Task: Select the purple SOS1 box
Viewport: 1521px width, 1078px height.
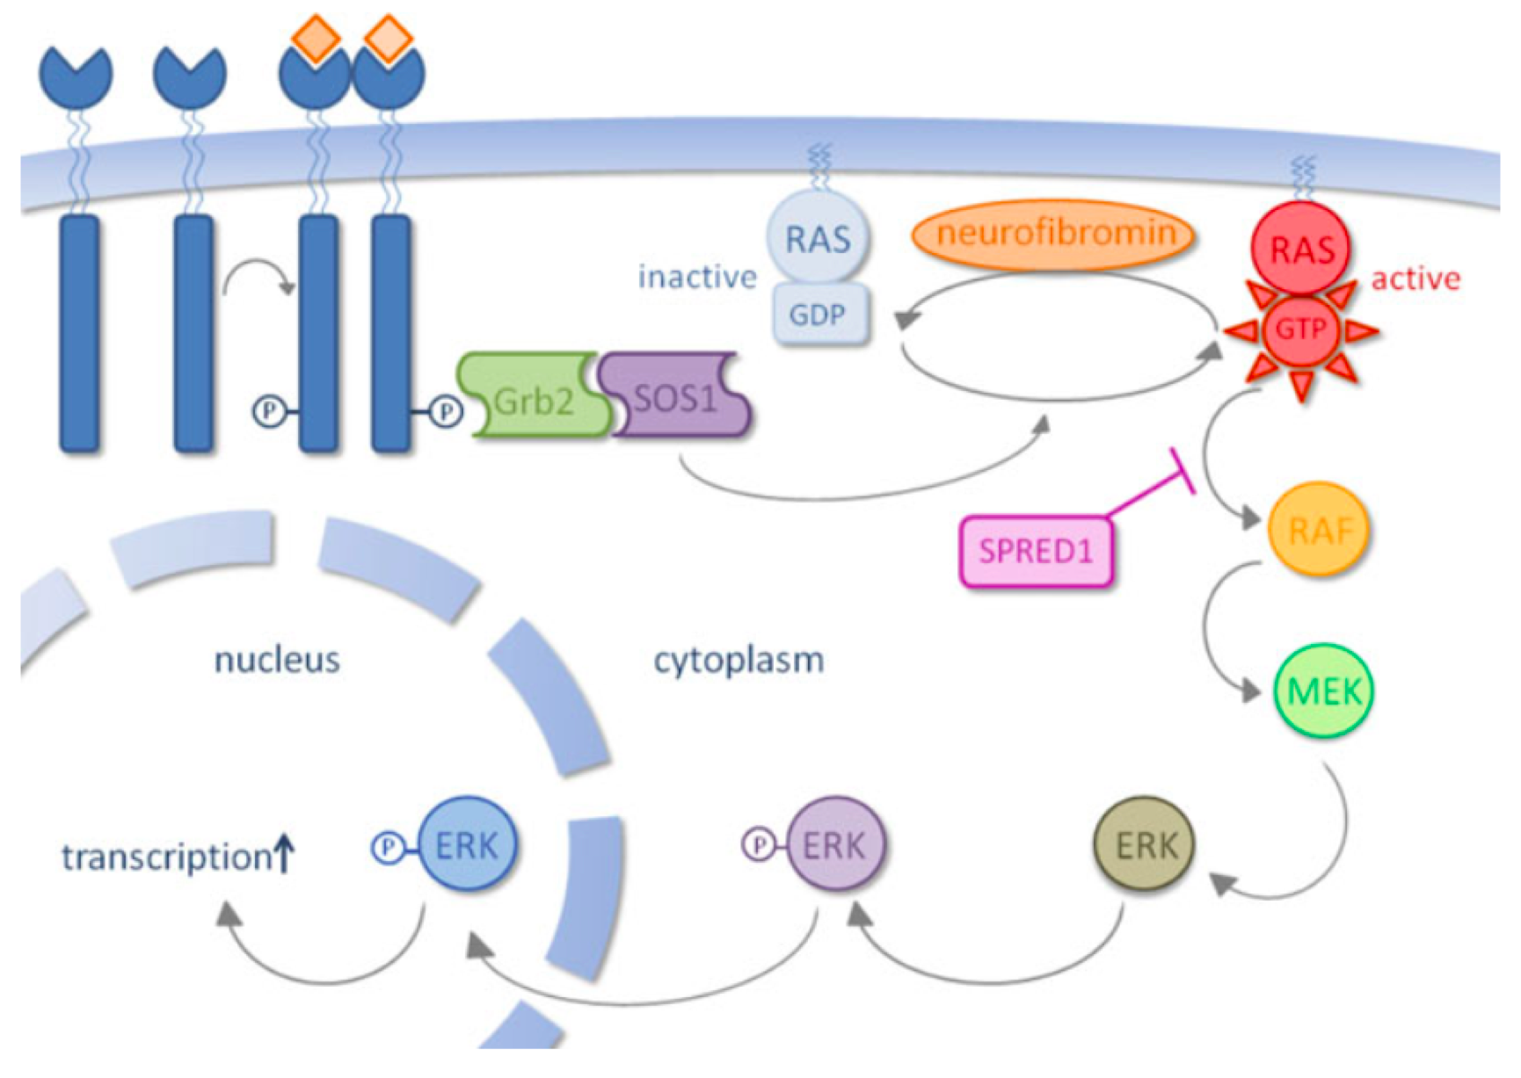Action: pyautogui.click(x=675, y=396)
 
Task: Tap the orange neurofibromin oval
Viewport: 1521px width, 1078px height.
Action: pyautogui.click(x=1054, y=234)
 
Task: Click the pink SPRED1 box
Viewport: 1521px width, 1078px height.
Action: pyautogui.click(x=1036, y=551)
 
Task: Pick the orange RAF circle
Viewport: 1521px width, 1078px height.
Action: pyautogui.click(x=1318, y=529)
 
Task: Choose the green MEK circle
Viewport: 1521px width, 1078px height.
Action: pyautogui.click(x=1323, y=691)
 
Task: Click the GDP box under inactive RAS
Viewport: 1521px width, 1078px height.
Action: pyautogui.click(x=818, y=314)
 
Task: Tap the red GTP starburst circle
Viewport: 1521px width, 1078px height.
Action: pyautogui.click(x=1300, y=330)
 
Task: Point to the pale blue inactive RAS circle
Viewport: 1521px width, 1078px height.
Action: pyautogui.click(x=818, y=238)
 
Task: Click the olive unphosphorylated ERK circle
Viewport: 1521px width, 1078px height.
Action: pyautogui.click(x=1145, y=844)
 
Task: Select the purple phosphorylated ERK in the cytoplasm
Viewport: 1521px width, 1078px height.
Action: pyautogui.click(x=834, y=844)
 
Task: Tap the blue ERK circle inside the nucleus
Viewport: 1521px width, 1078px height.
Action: pyautogui.click(x=467, y=844)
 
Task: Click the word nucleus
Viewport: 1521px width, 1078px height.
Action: pyautogui.click(x=277, y=660)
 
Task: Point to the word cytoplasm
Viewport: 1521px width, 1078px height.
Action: pyautogui.click(x=739, y=660)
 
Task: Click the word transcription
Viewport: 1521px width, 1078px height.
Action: pyautogui.click(x=166, y=857)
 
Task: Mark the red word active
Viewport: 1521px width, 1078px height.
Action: pyautogui.click(x=1415, y=279)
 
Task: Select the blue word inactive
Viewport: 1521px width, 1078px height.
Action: pyautogui.click(x=697, y=277)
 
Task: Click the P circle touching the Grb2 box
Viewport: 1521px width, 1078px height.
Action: pyautogui.click(x=446, y=410)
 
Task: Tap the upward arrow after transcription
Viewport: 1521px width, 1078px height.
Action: pyautogui.click(x=284, y=853)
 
